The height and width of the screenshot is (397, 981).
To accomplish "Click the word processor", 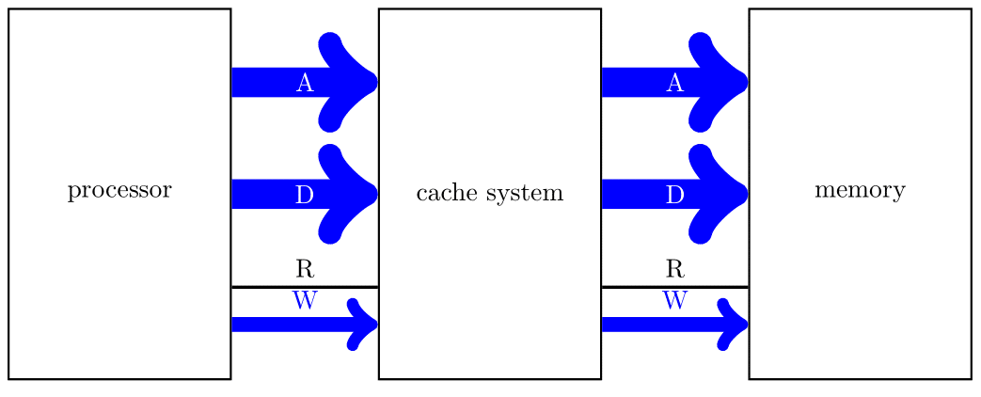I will pyautogui.click(x=119, y=191).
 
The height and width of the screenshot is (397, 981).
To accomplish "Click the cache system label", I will pyautogui.click(x=489, y=194).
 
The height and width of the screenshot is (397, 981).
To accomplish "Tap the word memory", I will pyautogui.click(x=860, y=191).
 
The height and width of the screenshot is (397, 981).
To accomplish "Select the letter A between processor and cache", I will pyautogui.click(x=304, y=83).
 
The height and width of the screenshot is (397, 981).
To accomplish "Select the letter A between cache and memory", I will pyautogui.click(x=674, y=83).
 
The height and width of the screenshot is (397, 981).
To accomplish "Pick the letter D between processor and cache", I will pyautogui.click(x=304, y=195).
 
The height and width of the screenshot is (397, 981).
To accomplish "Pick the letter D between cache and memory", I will pyautogui.click(x=674, y=195).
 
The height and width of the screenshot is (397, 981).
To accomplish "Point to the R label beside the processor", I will pyautogui.click(x=304, y=270).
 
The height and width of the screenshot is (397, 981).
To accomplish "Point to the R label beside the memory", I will pyautogui.click(x=674, y=270).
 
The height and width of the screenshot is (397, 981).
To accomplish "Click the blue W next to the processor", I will pyautogui.click(x=304, y=302).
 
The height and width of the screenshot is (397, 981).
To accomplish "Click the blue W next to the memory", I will pyautogui.click(x=674, y=302).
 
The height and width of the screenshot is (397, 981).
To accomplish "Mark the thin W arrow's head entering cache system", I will pyautogui.click(x=365, y=325).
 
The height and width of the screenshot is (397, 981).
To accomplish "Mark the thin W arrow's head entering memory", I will pyautogui.click(x=736, y=325).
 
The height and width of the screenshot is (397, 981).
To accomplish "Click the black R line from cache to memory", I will pyautogui.click(x=640, y=286).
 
